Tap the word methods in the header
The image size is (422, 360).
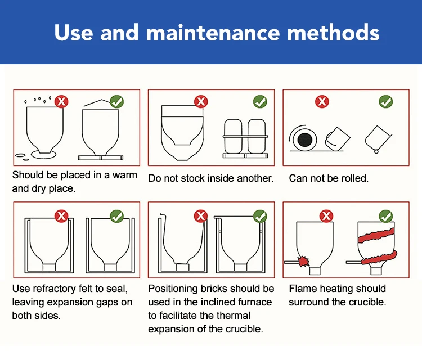(334, 32)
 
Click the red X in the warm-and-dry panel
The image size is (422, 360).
(61, 101)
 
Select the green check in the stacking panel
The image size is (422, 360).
(260, 101)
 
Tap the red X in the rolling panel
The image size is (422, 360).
(322, 101)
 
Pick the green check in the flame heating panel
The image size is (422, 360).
(385, 217)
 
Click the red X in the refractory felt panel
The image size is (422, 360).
(61, 216)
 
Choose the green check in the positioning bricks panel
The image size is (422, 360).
(260, 217)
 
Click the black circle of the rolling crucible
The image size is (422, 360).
(304, 140)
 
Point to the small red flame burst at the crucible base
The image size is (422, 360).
(303, 261)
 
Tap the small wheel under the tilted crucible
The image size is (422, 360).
(376, 151)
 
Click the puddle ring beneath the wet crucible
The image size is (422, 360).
(43, 155)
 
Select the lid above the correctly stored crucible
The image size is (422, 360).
(97, 103)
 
